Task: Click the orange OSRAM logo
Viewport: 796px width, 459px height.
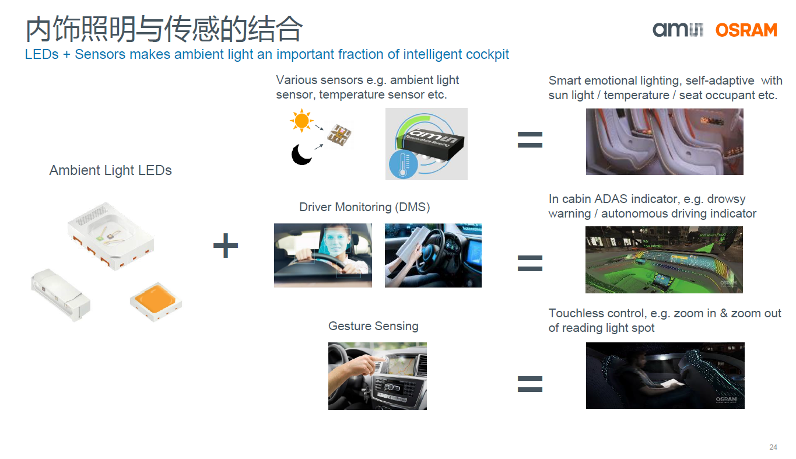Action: pos(746,30)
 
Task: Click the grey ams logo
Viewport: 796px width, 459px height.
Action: pos(678,30)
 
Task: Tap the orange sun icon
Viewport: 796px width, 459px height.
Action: pos(301,120)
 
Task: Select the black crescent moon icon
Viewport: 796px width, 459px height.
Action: pos(301,155)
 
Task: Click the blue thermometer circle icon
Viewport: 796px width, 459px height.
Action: pos(404,164)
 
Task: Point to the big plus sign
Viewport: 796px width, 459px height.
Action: pos(225,246)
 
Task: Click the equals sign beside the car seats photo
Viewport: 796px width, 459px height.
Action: pos(530,140)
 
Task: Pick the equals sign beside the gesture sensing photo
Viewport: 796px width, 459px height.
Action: pos(530,384)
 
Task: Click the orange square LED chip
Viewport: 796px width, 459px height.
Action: pos(156,301)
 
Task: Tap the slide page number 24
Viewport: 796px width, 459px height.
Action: pos(773,447)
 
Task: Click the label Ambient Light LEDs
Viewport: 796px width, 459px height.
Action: pos(110,170)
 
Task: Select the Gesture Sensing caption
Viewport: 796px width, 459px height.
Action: pos(373,326)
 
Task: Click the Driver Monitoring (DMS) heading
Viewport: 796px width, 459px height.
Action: pos(364,207)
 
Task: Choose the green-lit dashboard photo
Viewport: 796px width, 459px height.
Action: pos(664,260)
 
